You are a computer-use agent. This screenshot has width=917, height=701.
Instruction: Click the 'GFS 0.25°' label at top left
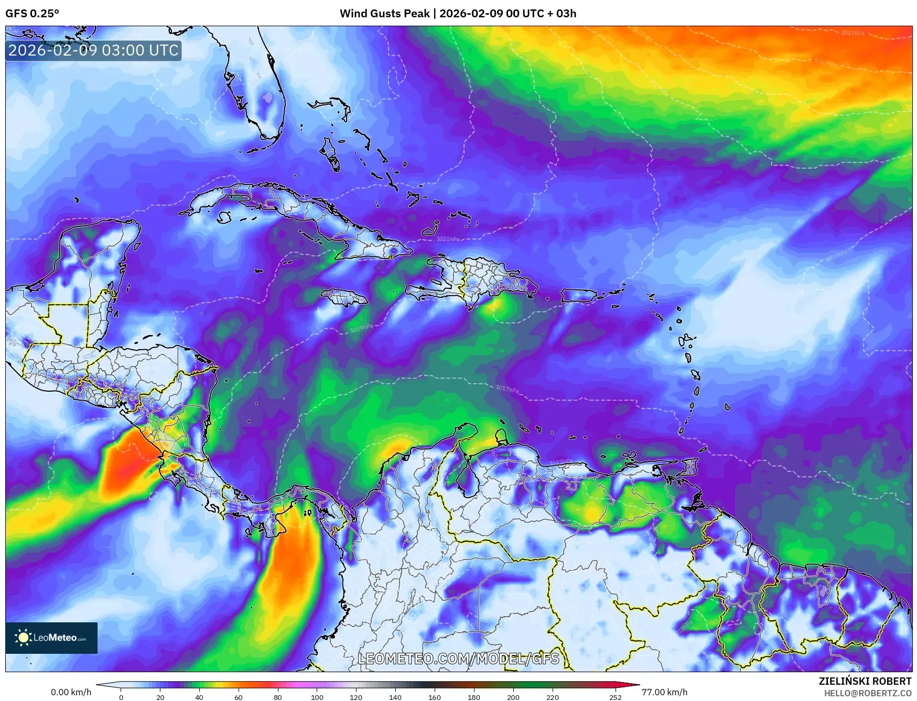click(32, 14)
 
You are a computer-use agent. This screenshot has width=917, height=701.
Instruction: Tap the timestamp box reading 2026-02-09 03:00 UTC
click(93, 50)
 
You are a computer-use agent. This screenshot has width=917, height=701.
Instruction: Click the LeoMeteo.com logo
click(51, 638)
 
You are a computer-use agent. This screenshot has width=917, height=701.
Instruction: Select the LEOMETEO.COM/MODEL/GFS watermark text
click(458, 659)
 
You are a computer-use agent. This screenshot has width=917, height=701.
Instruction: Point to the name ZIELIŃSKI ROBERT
click(865, 681)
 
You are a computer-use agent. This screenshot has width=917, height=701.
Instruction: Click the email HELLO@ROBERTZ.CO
click(867, 693)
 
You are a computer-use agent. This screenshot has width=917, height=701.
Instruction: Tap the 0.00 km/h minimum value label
click(71, 692)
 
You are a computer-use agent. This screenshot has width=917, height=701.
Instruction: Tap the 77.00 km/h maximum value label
click(664, 692)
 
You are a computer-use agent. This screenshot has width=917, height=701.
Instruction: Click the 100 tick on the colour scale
click(317, 697)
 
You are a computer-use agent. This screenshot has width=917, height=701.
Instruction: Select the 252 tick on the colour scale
click(615, 697)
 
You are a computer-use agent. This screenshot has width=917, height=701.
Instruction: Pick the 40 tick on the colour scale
click(199, 697)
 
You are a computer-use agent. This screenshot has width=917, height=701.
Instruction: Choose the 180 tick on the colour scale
click(473, 697)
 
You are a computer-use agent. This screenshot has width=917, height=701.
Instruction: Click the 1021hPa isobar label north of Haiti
click(448, 239)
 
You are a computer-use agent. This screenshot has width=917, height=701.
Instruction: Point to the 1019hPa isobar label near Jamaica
click(361, 329)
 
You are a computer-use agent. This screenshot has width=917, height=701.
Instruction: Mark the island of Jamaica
click(344, 298)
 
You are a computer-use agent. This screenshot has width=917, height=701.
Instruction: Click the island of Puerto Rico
click(578, 295)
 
